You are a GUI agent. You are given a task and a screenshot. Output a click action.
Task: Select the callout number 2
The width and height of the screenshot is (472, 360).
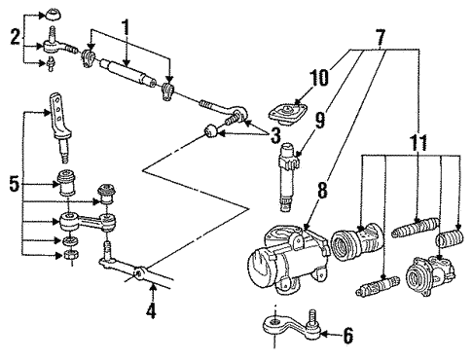pos(13,38)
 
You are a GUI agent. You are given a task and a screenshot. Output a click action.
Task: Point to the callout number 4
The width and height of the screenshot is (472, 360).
pos(149,312)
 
